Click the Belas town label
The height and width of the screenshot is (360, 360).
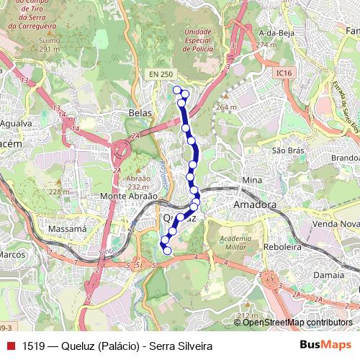pos(139,112)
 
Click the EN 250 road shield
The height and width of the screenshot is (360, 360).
pos(161,73)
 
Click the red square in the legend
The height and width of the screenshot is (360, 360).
pos(10,345)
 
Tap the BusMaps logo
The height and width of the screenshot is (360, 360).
pos(326,345)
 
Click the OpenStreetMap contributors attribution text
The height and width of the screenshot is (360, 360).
pos(297,322)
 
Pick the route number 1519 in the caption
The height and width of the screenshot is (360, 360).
pos(34,345)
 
